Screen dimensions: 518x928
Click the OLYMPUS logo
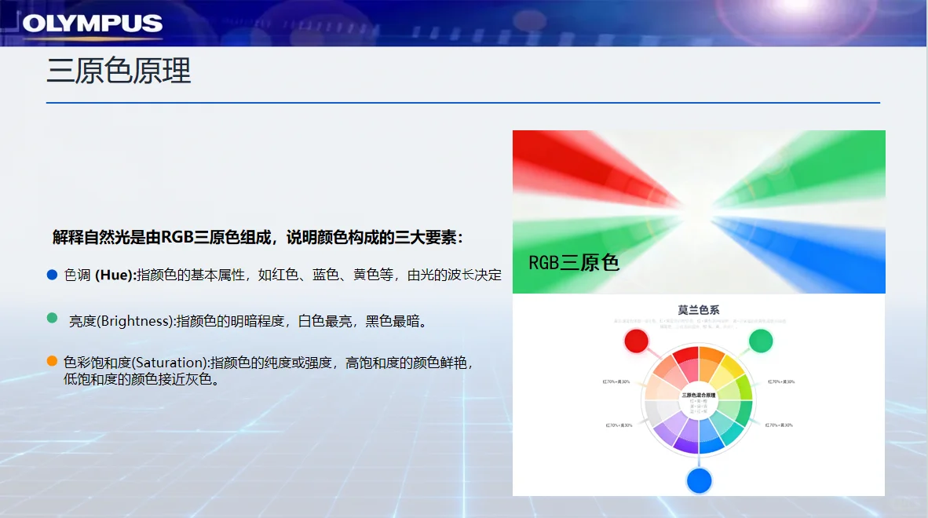93,24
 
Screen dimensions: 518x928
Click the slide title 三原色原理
119,71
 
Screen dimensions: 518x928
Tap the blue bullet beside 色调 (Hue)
53,275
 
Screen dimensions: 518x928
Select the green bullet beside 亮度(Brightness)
53,319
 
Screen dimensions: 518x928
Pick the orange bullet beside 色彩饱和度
53,361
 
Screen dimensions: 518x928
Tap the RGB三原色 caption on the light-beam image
574,261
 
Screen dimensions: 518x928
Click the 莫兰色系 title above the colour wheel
699,310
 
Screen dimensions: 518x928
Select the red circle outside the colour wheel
636,341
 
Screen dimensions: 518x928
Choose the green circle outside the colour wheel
760,341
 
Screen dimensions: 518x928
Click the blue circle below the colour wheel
699,480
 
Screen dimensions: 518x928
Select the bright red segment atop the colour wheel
686,358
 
